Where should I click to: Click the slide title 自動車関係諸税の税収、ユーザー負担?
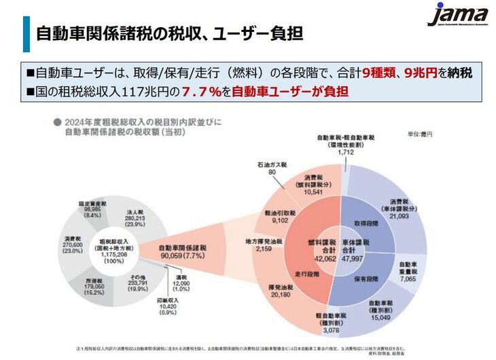point(169,33)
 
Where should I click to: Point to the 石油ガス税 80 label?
point(272,168)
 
